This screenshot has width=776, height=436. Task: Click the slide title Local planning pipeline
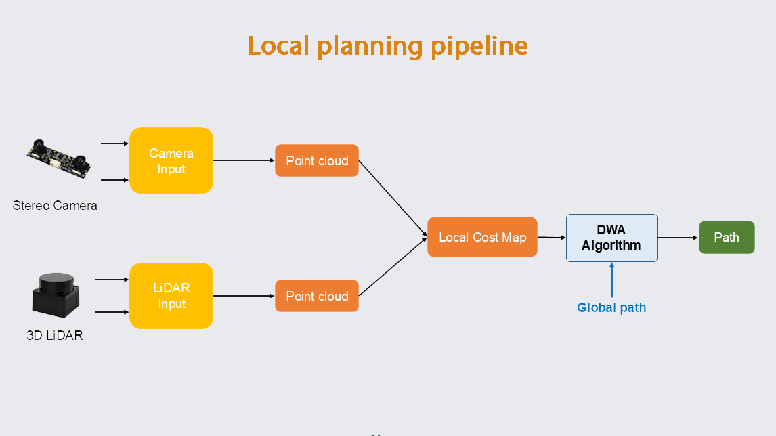pyautogui.click(x=387, y=46)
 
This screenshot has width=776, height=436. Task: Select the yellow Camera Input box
pyautogui.click(x=171, y=160)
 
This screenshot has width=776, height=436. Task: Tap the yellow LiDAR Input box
pyautogui.click(x=171, y=296)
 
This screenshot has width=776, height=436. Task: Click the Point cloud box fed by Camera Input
pyautogui.click(x=317, y=160)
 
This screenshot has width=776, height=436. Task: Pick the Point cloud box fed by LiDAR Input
pyautogui.click(x=317, y=296)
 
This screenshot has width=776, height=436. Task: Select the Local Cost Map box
pyautogui.click(x=482, y=237)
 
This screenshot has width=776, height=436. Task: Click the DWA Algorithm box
pyautogui.click(x=611, y=238)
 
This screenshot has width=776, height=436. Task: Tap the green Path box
pyautogui.click(x=727, y=238)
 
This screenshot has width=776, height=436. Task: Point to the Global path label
pyautogui.click(x=611, y=307)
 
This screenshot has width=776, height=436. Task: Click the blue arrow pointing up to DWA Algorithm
pyautogui.click(x=611, y=280)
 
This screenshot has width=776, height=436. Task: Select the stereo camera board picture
pyautogui.click(x=60, y=158)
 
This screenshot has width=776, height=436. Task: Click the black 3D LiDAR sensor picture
pyautogui.click(x=56, y=296)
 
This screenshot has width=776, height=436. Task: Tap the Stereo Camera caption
pyautogui.click(x=55, y=205)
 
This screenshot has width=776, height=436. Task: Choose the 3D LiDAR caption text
pyautogui.click(x=55, y=335)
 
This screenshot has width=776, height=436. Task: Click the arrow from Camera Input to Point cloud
pyautogui.click(x=244, y=160)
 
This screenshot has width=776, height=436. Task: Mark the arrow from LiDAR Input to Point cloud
pyautogui.click(x=244, y=296)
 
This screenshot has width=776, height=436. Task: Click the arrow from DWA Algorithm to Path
pyautogui.click(x=677, y=238)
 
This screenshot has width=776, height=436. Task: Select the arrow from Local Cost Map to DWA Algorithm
pyautogui.click(x=551, y=238)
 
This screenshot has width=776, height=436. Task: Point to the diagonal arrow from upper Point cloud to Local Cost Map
pyautogui.click(x=393, y=198)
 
